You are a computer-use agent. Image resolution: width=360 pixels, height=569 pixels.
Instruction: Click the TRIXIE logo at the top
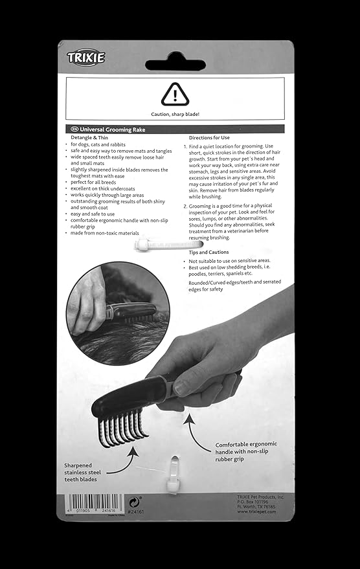pos(85,58)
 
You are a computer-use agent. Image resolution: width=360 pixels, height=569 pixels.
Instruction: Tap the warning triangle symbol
pos(175,94)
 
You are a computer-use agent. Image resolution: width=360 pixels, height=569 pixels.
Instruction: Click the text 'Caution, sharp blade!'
pos(175,114)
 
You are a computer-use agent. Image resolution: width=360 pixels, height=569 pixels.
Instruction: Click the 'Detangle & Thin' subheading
pos(91,138)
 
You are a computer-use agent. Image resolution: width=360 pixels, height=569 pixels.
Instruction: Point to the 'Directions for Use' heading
pos(209,138)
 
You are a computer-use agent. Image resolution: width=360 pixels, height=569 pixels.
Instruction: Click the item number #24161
pos(136,511)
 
